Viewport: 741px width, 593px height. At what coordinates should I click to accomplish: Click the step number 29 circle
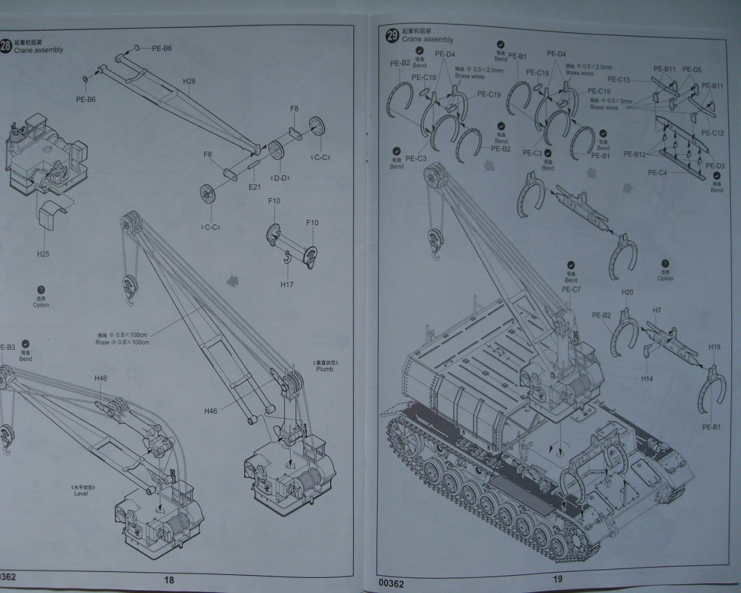tap(392, 35)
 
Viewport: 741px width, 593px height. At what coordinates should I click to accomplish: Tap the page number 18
tap(169, 580)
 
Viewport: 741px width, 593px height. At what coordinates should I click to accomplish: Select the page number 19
tap(557, 579)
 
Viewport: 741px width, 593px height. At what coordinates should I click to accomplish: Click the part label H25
tap(43, 254)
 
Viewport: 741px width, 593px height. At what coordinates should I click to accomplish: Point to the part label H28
tap(189, 81)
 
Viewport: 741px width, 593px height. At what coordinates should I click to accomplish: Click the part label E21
tap(255, 186)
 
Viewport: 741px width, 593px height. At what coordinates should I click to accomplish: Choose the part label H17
tap(287, 284)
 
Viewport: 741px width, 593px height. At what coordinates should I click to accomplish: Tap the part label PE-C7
tap(571, 290)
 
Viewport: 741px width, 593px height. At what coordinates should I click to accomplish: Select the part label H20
tap(628, 292)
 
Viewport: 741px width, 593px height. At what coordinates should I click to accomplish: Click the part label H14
tap(647, 379)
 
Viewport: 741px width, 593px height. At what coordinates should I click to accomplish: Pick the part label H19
tap(714, 347)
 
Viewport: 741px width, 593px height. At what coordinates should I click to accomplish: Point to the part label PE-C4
tap(657, 173)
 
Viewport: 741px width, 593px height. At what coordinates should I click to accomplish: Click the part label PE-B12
tap(634, 155)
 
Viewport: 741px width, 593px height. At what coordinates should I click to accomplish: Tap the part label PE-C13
tap(618, 80)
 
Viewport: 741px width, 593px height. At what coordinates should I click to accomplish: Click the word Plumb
tap(324, 369)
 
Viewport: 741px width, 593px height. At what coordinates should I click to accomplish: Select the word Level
tap(81, 494)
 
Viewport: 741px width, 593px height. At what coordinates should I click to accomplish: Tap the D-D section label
tap(281, 178)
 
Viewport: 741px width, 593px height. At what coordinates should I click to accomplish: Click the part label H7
tap(657, 310)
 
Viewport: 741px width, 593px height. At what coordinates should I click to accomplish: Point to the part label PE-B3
tap(7, 347)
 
